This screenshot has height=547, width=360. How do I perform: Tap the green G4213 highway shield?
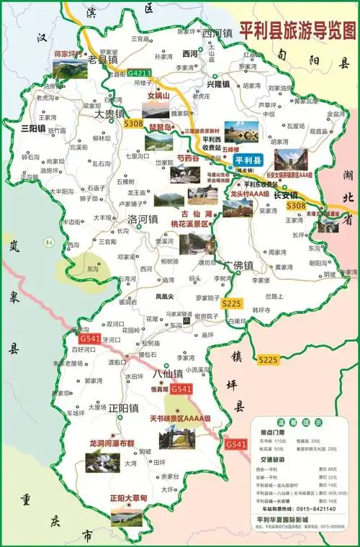pos(140,73)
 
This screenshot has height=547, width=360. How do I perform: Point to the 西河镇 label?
pos(217,34)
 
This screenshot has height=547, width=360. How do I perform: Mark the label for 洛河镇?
pos(143,219)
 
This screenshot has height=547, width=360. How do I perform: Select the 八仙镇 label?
pos(168,374)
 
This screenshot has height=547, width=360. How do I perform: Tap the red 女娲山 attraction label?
pos(158,95)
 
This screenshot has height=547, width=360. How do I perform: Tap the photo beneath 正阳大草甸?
pos(127,515)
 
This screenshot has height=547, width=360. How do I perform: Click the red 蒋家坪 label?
pos(68,53)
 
